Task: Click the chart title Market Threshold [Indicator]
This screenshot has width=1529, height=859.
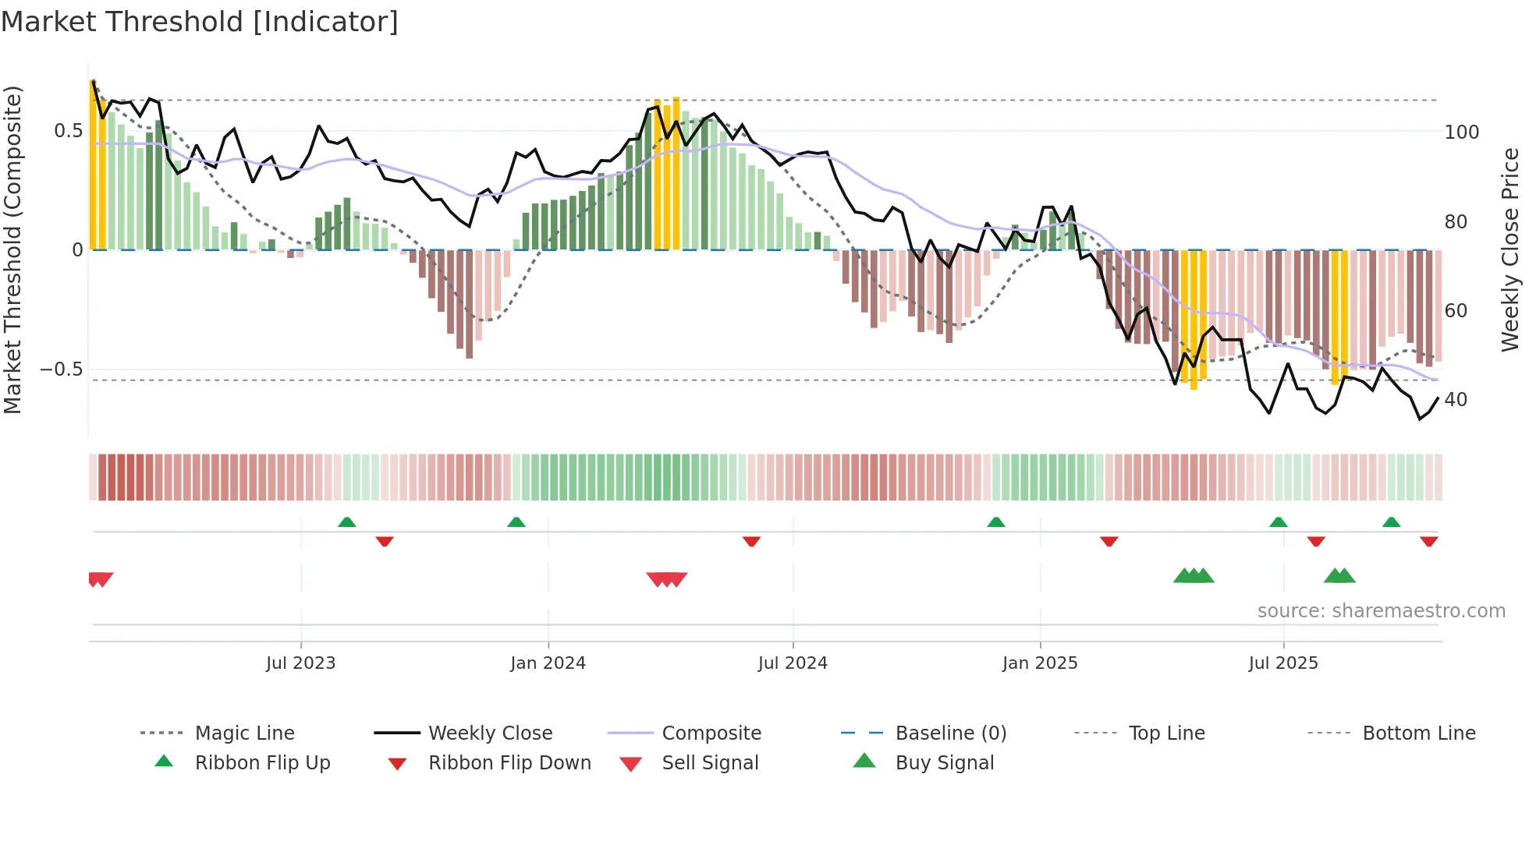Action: (200, 22)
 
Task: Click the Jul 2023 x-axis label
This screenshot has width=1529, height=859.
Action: (300, 663)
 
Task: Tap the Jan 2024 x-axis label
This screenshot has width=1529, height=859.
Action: (548, 663)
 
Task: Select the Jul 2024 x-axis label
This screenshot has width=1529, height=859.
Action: (793, 663)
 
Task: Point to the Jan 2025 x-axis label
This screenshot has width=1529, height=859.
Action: (1040, 663)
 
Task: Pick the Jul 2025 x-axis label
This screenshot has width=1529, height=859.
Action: (1283, 663)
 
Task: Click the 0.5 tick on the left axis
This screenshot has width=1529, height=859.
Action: (69, 131)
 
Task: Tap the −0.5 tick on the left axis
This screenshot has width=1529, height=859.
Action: (62, 369)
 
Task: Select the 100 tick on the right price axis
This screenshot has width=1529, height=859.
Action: (1462, 133)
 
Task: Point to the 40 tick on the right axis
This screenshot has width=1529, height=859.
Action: (1456, 400)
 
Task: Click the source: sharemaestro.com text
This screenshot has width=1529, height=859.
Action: (1381, 611)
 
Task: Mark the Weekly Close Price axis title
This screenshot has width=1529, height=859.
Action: (1511, 249)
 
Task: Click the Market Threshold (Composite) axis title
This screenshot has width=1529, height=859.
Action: (12, 249)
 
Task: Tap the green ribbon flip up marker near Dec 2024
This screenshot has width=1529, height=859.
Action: (996, 522)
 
